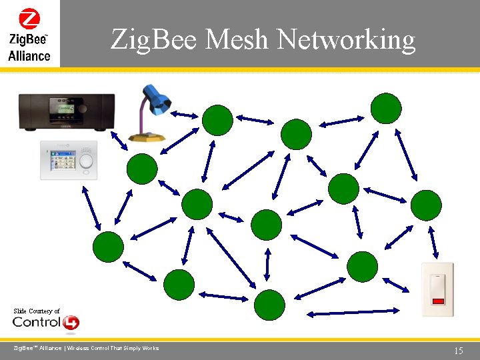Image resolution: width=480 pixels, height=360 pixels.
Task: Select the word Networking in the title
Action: [x=346, y=40]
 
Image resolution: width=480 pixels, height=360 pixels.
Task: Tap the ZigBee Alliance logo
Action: [x=29, y=34]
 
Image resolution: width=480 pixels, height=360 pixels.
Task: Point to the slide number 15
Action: [x=458, y=351]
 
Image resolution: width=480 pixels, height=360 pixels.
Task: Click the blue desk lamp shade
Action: [x=159, y=100]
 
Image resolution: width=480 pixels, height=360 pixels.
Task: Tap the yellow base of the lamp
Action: [x=147, y=136]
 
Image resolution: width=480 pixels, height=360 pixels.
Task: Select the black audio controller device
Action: [x=66, y=111]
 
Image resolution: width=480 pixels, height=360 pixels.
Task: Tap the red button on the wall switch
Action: [x=437, y=301]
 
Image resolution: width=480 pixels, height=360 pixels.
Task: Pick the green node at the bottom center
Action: [x=269, y=305]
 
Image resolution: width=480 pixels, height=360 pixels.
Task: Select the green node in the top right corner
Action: [x=386, y=108]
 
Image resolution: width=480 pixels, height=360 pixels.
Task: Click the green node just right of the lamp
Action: [x=217, y=121]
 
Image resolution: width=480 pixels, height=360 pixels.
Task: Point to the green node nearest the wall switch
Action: [x=362, y=266]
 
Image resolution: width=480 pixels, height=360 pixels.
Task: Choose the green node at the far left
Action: [x=108, y=247]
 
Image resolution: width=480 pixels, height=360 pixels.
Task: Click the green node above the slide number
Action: [x=425, y=205]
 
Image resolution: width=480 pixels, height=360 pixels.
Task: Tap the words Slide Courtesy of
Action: [x=37, y=311]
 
